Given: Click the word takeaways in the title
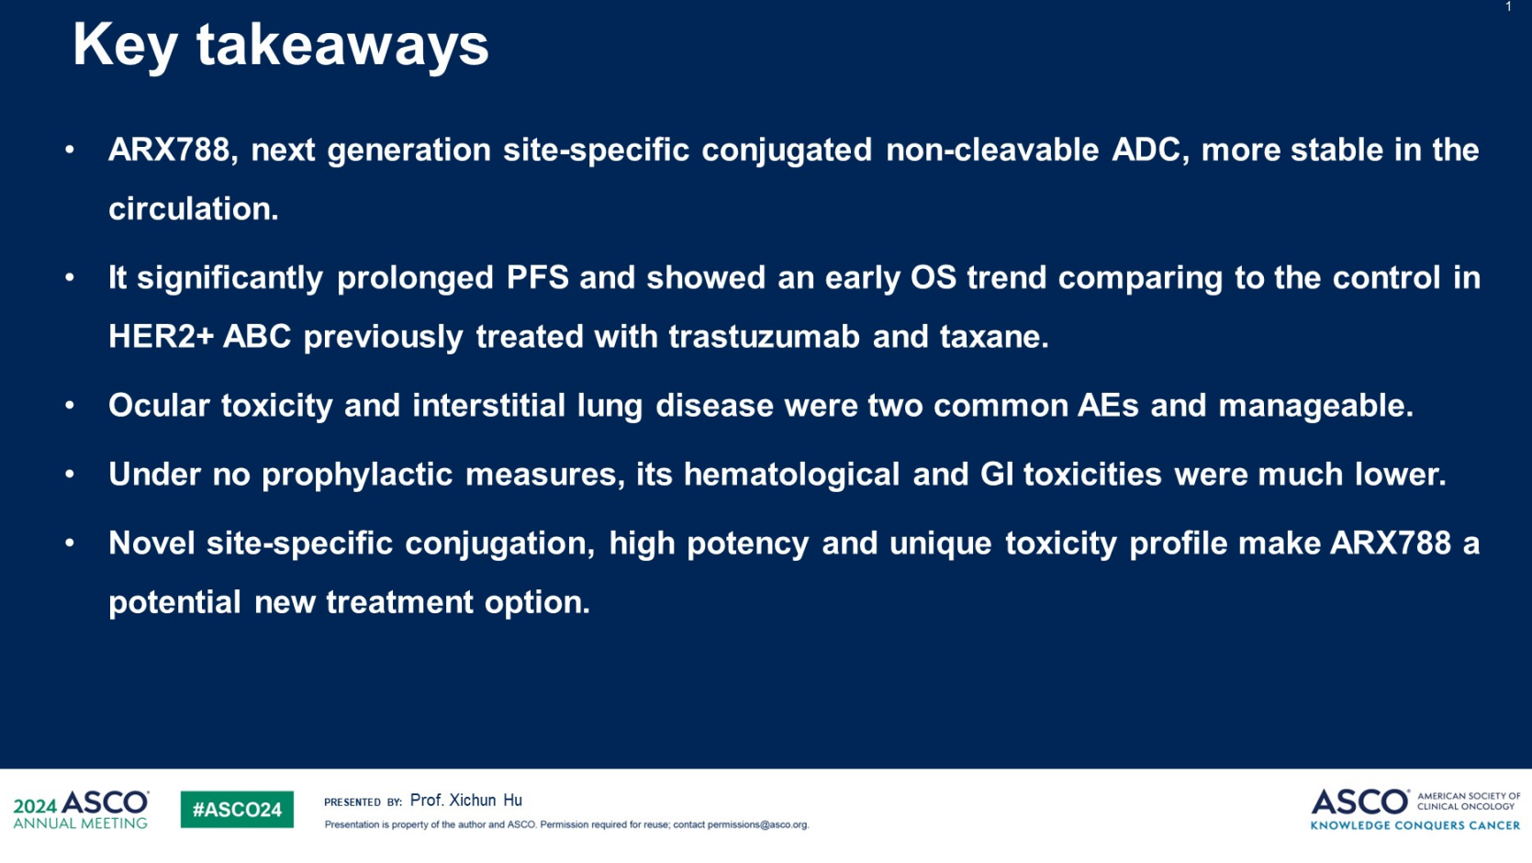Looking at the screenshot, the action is coord(342,47).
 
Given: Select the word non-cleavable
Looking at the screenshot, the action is coord(992,150).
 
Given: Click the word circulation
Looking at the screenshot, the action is coord(194,208).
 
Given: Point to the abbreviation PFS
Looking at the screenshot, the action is coord(538,277).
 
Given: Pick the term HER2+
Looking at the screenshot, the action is coord(162,336).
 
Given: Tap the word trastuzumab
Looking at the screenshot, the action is coord(764,336).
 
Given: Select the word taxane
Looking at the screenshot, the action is coord(994,336).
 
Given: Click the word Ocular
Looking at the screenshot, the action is coord(159,406).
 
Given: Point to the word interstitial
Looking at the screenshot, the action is coord(489,406).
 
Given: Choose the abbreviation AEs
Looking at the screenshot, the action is coord(1108,406).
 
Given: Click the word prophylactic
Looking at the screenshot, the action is coord(357,475).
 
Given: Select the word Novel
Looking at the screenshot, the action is coord(151,543).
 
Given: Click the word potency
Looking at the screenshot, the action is coord(747,544).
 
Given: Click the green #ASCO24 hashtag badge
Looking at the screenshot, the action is coord(238,810).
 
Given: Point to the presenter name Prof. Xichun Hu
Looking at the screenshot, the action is coord(465,800).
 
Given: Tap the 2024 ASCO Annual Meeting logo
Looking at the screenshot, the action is coord(81,810).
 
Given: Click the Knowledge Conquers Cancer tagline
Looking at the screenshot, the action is coord(1415,825).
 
